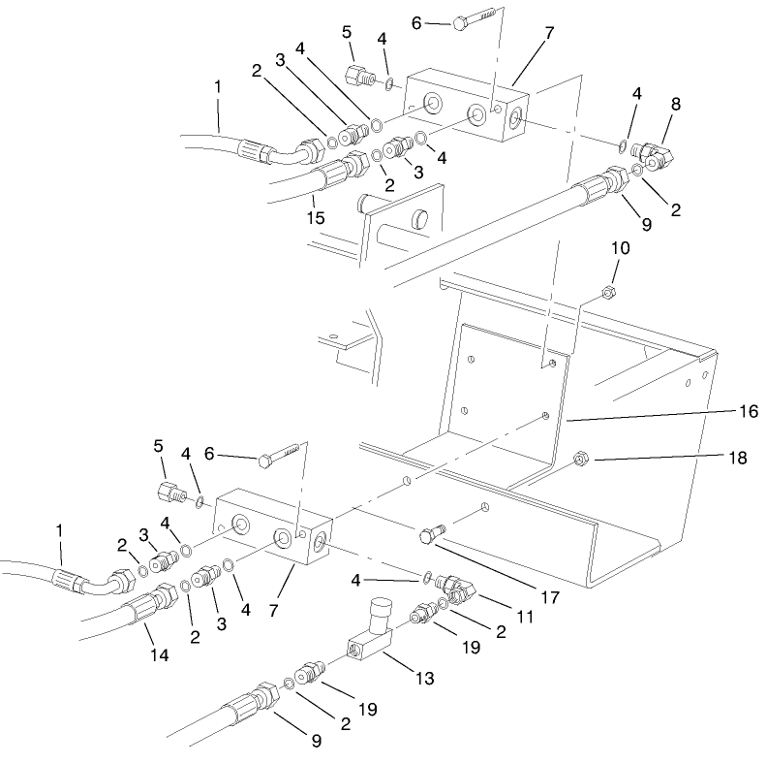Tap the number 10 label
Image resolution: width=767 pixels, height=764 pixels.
620,248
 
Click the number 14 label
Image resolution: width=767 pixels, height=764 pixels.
159,656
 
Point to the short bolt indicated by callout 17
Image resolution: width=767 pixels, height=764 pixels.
432,533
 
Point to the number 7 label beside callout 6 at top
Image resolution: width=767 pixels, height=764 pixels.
548,33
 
